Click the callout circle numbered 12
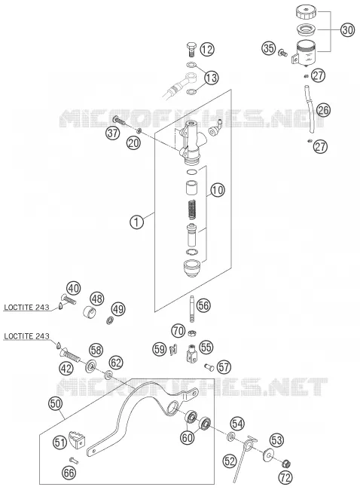click(x=207, y=49)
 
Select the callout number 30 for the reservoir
click(x=347, y=30)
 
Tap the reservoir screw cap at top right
click(x=306, y=12)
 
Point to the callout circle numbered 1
click(x=137, y=222)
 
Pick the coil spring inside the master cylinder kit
click(x=192, y=210)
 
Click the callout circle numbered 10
click(x=218, y=190)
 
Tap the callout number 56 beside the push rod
click(x=203, y=305)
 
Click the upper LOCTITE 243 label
click(x=26, y=307)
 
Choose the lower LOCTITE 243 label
click(x=26, y=336)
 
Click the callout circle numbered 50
click(x=56, y=403)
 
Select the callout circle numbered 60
click(x=188, y=437)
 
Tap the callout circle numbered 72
click(x=285, y=477)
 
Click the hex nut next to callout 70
click(x=192, y=333)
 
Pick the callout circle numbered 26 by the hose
click(x=323, y=110)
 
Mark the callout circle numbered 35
click(x=269, y=48)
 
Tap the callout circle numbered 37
click(x=113, y=133)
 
